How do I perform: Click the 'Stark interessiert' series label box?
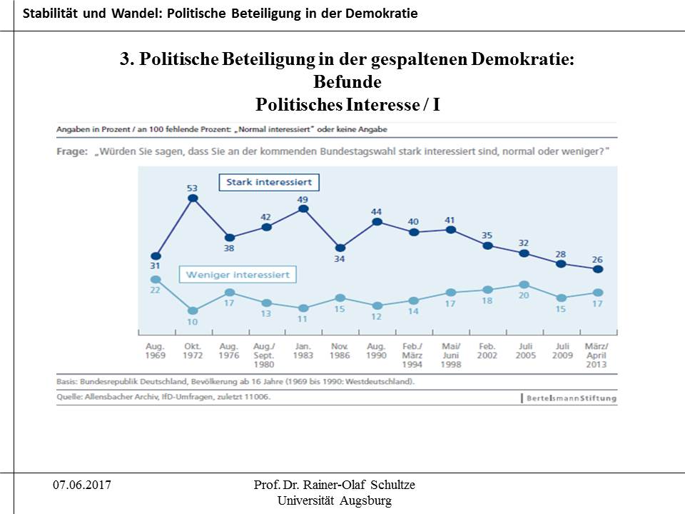(x=269, y=183)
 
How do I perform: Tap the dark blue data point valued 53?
(x=192, y=198)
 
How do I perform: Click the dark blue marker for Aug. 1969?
(x=156, y=256)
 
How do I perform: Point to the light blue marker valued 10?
(x=192, y=311)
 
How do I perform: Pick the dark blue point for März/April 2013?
(x=598, y=269)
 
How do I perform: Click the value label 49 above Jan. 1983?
(x=303, y=199)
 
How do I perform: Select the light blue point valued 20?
(x=524, y=285)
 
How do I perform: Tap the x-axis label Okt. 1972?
(x=192, y=350)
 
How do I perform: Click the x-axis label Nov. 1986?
(x=340, y=350)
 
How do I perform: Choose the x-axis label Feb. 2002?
(x=487, y=350)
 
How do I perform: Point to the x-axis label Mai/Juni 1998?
(x=450, y=354)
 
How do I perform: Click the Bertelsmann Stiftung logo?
(x=569, y=397)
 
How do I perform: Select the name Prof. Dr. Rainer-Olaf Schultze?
(x=334, y=485)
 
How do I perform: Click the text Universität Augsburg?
(x=334, y=500)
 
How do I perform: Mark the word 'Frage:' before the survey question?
(x=71, y=152)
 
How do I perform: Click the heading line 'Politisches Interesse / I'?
(x=347, y=105)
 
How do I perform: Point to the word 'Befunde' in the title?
(x=347, y=82)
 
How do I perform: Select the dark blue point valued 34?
(x=340, y=248)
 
